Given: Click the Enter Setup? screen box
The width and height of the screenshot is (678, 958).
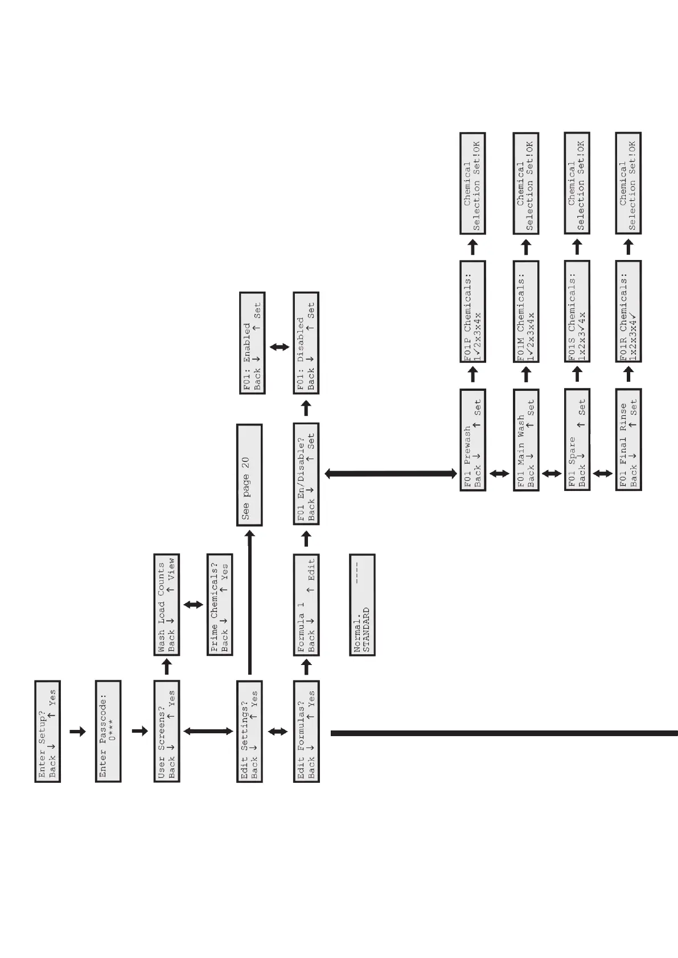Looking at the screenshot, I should (x=47, y=731).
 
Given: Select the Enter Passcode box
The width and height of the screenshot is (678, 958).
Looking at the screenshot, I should (x=108, y=731).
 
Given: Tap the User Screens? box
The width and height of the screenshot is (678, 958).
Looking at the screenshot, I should (x=167, y=731).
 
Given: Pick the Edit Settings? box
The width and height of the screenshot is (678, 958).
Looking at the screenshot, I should (x=249, y=731).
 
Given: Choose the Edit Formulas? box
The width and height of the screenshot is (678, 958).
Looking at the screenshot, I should (x=306, y=731).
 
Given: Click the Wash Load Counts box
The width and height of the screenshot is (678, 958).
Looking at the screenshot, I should (x=167, y=605).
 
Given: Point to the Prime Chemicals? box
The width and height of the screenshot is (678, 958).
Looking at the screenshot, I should (x=220, y=605).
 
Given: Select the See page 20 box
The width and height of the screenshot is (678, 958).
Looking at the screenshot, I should (x=249, y=475).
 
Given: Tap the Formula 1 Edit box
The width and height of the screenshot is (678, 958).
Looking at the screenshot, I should (x=306, y=605).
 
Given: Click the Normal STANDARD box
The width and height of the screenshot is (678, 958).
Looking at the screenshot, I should (x=362, y=605).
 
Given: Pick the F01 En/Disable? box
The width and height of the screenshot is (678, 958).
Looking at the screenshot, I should (x=306, y=474).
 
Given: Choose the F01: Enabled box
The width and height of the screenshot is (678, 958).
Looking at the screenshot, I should (x=252, y=343).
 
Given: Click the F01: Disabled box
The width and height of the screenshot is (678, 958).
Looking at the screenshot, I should (x=306, y=343).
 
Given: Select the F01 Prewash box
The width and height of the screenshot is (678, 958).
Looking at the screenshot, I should (x=472, y=440).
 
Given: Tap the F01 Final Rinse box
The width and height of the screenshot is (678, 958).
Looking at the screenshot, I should (x=628, y=440).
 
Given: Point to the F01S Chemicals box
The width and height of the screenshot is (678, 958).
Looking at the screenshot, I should (x=577, y=311).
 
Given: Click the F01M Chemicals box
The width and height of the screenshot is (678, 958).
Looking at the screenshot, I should (x=526, y=311).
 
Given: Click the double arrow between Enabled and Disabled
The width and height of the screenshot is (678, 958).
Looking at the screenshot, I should (x=279, y=346).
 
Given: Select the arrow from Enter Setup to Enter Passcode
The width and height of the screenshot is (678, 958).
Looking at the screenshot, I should (x=77, y=732).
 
